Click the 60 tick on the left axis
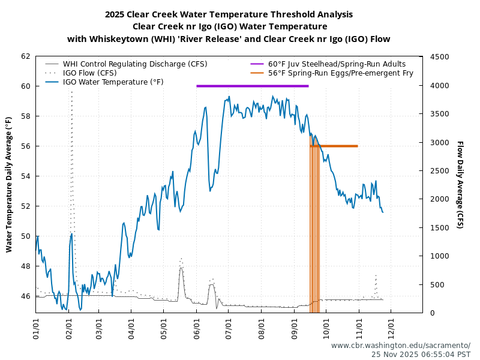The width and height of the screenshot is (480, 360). pos(25,86)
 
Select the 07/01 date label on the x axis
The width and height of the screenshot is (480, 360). pos(229,331)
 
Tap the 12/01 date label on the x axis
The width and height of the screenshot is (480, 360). pos(392,331)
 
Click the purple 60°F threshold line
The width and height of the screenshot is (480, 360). pos(252,86)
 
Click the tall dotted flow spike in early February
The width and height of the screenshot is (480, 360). pos(72,120)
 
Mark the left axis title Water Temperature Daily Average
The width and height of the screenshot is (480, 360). pos(9,184)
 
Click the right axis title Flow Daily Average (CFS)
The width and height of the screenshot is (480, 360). pos(460,184)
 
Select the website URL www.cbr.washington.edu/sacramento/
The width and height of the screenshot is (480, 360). pos(400,346)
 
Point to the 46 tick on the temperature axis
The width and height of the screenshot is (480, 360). pos(25,296)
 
